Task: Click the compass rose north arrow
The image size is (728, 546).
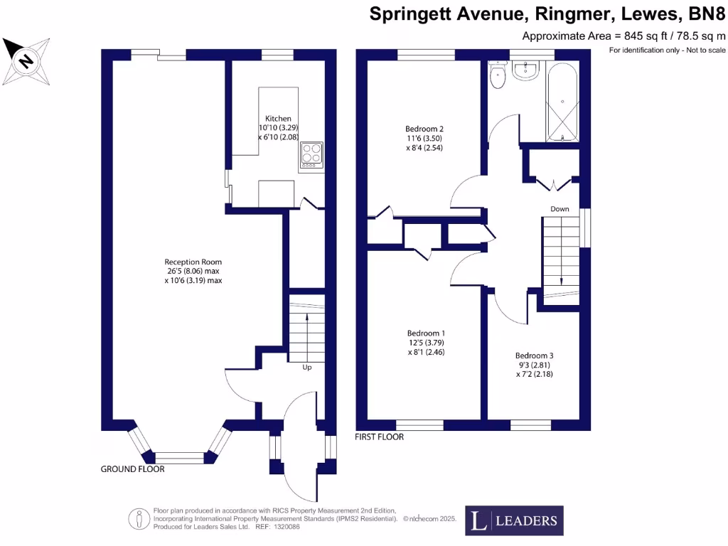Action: tap(26, 60)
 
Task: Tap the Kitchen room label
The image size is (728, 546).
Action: tap(278, 118)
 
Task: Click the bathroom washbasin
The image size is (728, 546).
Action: tap(527, 70)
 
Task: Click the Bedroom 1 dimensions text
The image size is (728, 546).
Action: tap(426, 347)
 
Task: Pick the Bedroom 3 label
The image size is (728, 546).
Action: tap(534, 355)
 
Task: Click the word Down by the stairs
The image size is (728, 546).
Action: tap(560, 209)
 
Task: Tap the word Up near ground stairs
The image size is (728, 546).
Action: tap(307, 368)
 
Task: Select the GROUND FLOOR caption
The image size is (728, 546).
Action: tap(132, 469)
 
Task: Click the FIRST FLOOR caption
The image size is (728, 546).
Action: tap(379, 437)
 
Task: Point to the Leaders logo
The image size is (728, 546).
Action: tap(515, 520)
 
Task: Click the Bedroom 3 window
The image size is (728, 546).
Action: tap(530, 425)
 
